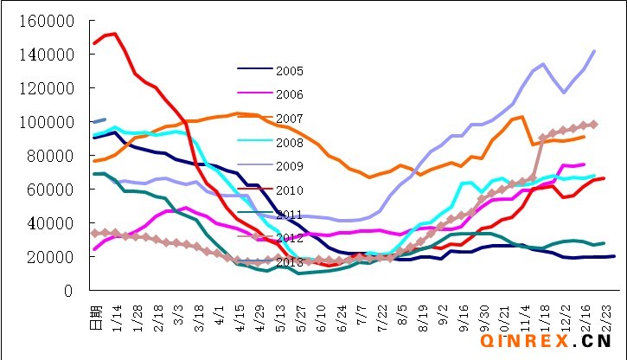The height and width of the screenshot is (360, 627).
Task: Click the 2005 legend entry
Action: click(x=289, y=70)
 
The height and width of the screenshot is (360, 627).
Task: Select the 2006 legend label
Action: click(x=289, y=93)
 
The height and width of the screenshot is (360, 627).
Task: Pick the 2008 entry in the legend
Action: click(x=289, y=140)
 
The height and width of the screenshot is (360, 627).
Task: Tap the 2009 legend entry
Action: click(x=289, y=164)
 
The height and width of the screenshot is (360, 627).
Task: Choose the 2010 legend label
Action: click(x=289, y=189)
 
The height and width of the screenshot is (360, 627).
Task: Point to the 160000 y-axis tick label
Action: click(x=50, y=21)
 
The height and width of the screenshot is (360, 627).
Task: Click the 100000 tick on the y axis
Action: click(x=50, y=122)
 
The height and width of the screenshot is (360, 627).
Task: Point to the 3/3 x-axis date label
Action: click(x=177, y=310)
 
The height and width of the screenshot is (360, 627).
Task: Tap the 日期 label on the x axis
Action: click(x=95, y=312)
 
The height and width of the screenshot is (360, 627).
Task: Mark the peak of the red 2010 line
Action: click(x=115, y=34)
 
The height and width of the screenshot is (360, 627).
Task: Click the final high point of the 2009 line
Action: click(x=594, y=51)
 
